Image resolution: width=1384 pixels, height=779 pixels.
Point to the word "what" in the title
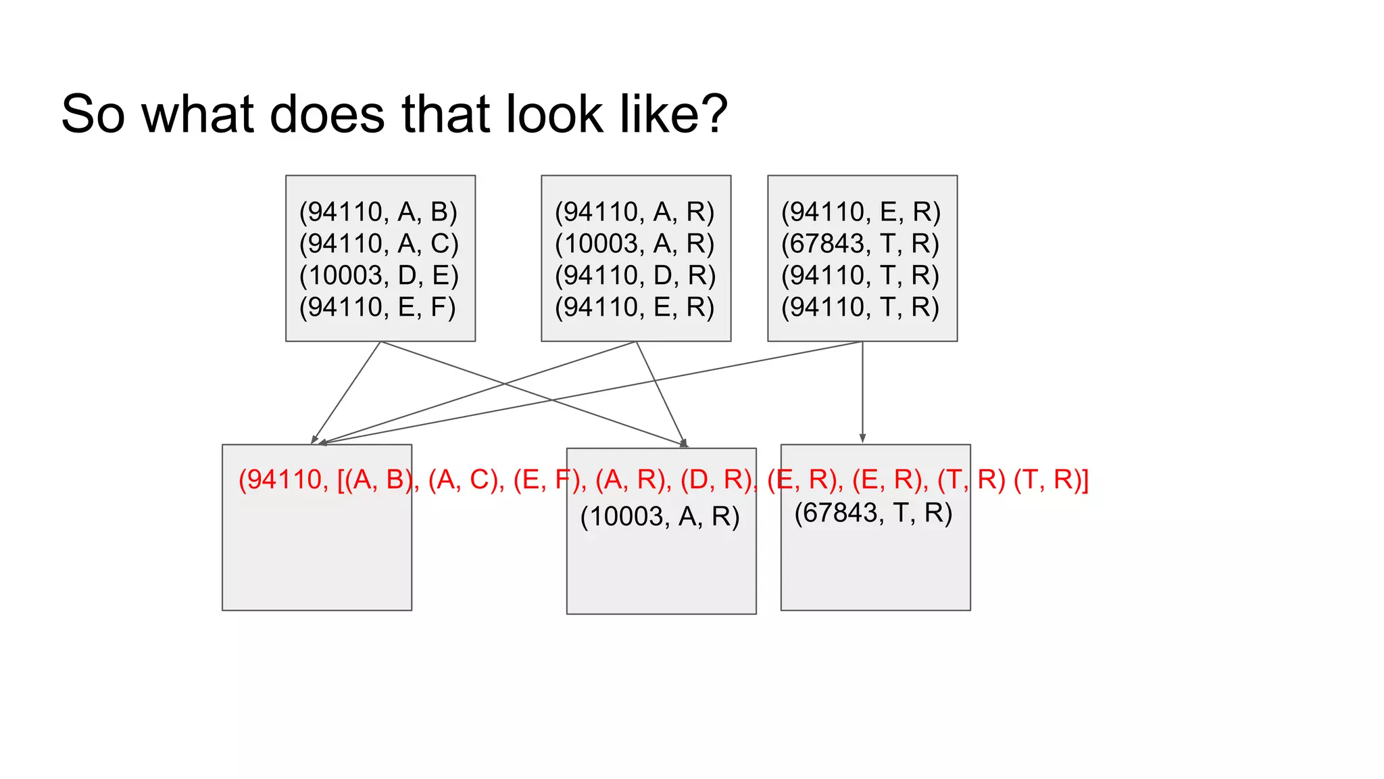tap(198, 114)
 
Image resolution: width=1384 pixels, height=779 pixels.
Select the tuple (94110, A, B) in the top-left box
tap(378, 212)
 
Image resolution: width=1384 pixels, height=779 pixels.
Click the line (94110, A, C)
tap(379, 243)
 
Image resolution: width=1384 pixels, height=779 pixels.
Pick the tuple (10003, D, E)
tap(379, 275)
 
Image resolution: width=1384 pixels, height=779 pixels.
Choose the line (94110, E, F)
tap(378, 307)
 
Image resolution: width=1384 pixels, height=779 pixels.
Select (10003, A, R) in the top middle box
tap(635, 243)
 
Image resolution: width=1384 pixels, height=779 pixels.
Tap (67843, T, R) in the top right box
tap(860, 243)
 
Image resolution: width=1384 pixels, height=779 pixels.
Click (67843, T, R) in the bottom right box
tap(873, 513)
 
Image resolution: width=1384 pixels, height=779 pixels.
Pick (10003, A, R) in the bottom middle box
tap(660, 517)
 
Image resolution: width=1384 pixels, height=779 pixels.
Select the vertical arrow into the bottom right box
tap(862, 392)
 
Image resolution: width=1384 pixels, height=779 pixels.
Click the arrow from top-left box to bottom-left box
tap(346, 392)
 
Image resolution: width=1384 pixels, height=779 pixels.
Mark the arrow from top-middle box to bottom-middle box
tap(661, 392)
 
